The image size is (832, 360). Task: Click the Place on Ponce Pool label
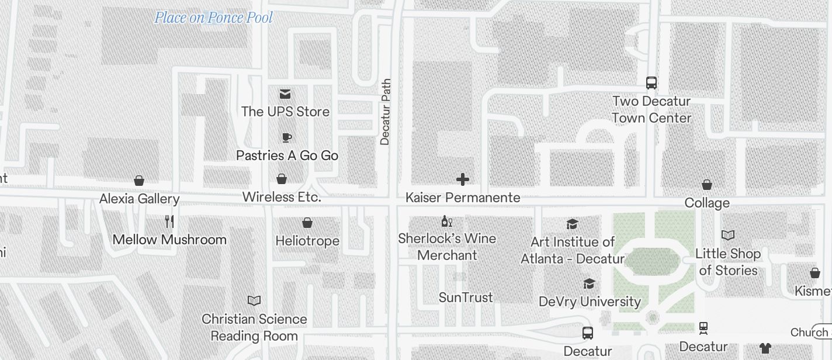[x=213, y=18]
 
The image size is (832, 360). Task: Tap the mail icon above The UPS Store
[x=285, y=94]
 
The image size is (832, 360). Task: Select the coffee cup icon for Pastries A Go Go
[x=286, y=137]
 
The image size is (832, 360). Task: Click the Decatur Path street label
[x=385, y=112]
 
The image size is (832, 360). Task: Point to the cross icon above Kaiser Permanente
[x=463, y=179]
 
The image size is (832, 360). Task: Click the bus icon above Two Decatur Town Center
[x=651, y=83]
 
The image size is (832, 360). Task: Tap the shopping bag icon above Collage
[x=707, y=185]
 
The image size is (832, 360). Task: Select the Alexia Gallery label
[x=139, y=199]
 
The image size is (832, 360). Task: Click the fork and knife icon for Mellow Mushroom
[x=169, y=221]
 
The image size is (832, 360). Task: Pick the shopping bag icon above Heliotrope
[x=307, y=223]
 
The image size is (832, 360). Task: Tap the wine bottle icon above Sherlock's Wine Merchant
[x=447, y=221]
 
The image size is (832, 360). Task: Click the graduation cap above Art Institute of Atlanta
[x=573, y=224]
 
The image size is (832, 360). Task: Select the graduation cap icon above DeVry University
[x=590, y=283]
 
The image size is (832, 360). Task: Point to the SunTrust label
[x=466, y=297]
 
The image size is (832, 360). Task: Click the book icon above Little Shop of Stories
[x=728, y=235]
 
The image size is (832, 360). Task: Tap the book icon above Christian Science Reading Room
[x=254, y=300]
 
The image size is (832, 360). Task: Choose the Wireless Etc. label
[x=282, y=197]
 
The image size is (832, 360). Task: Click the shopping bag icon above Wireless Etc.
[x=282, y=178]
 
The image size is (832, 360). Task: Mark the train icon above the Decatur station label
[x=703, y=328]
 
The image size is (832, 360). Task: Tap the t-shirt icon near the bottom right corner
[x=765, y=348]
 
